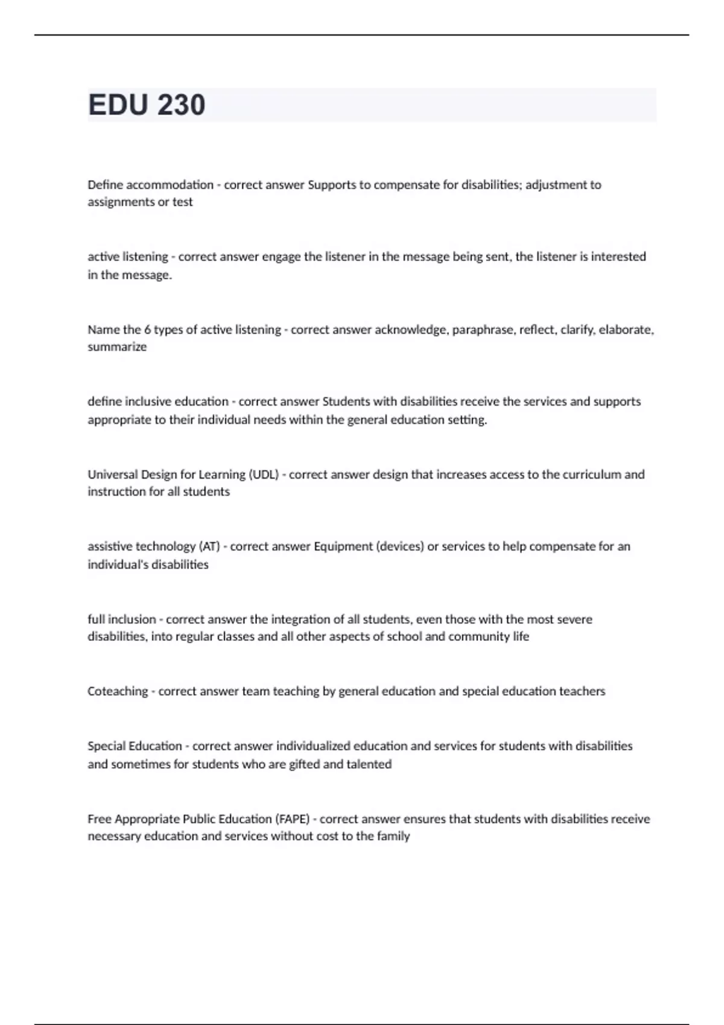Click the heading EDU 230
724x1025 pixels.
point(147,105)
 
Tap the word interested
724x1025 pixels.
point(618,257)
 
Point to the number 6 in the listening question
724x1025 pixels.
point(147,330)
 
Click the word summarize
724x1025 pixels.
point(117,347)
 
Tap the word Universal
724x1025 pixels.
point(113,475)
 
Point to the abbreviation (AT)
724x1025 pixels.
point(209,547)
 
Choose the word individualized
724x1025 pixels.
point(313,746)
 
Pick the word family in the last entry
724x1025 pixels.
point(393,836)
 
